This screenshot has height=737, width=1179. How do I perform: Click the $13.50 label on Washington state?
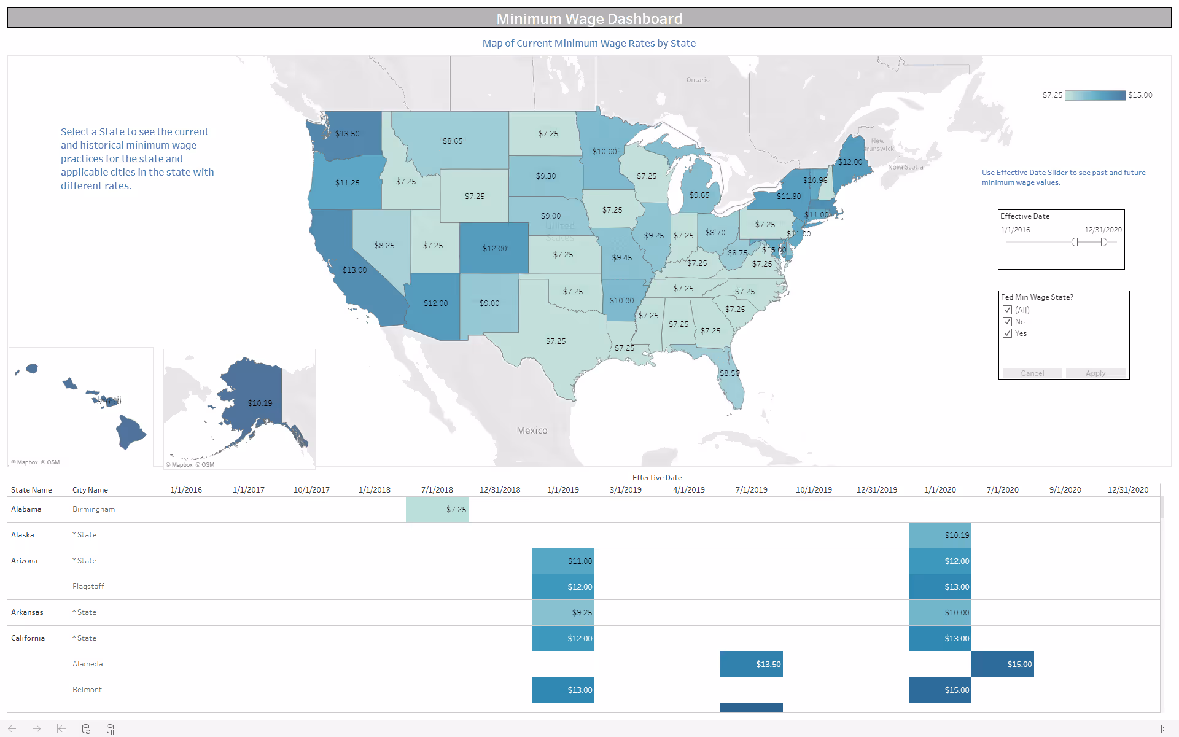coord(348,133)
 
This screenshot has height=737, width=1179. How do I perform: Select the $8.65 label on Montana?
coord(453,141)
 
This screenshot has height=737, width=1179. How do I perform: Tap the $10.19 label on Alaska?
coord(260,403)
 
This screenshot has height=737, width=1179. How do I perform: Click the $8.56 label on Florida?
coord(730,373)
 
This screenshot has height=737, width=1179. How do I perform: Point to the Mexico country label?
coord(532,430)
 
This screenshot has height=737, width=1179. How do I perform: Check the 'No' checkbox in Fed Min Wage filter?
coord(1007,322)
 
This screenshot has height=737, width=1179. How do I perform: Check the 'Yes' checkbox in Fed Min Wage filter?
coord(1007,333)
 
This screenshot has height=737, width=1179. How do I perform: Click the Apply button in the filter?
coord(1095,373)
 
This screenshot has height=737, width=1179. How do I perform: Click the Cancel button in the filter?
coord(1032,373)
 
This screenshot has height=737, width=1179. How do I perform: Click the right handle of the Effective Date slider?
coord(1103,242)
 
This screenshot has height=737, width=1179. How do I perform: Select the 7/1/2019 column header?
coord(751,489)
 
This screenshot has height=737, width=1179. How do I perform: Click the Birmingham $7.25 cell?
coord(437,509)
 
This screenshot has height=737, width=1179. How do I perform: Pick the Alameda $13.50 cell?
coord(751,664)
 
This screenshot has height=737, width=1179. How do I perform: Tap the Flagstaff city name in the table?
coord(88,587)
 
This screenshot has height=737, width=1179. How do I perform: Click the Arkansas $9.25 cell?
coord(562,612)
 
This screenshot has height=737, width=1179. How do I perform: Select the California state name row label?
coord(28,638)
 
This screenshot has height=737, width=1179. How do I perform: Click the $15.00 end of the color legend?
coord(1140,95)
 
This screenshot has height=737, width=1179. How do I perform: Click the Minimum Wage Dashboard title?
coord(589,18)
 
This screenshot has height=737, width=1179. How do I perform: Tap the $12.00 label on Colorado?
coord(494,248)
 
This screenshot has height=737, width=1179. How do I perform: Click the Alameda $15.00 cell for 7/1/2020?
coord(1002,664)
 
